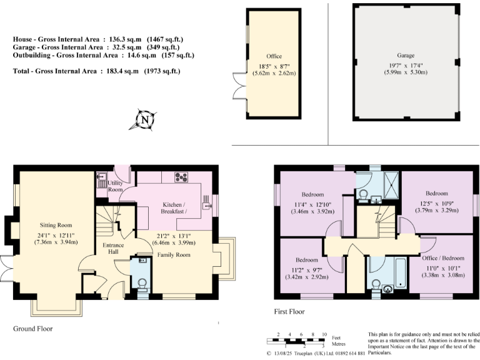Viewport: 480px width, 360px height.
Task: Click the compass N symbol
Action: point(145,119)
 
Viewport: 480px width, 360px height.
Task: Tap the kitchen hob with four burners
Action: point(182,177)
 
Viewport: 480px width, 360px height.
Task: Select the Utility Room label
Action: point(115,186)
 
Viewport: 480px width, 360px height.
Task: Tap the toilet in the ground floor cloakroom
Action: point(142,283)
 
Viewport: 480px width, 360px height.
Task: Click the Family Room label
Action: point(174,255)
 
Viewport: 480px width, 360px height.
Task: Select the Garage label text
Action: point(406,56)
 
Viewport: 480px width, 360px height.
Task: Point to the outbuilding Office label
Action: point(274,56)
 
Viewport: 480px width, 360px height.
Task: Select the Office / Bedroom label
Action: point(444,257)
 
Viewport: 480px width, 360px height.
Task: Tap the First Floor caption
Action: point(289,311)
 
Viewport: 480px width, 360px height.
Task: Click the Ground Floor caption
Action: point(32,328)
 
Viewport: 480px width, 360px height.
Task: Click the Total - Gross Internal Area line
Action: point(96,72)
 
